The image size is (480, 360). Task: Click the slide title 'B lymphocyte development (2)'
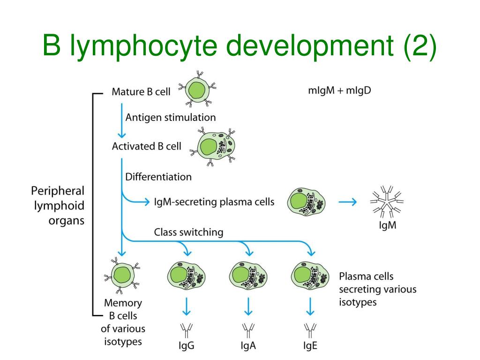[240, 47]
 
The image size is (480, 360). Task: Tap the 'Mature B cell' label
[141, 91]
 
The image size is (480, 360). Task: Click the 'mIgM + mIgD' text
[339, 90]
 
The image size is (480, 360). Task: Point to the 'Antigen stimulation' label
[171, 117]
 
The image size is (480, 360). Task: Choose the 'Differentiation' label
[158, 177]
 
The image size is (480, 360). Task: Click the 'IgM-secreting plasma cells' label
[214, 202]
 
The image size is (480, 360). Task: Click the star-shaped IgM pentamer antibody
[388, 203]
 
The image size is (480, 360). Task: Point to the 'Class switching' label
[188, 232]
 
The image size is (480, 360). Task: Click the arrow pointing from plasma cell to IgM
[347, 202]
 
